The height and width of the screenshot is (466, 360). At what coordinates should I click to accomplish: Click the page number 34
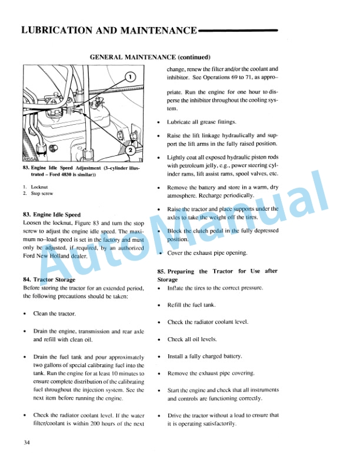26,442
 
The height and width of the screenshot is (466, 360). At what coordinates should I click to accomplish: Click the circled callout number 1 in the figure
130,75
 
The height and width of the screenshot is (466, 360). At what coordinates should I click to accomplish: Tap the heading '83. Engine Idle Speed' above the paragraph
51,215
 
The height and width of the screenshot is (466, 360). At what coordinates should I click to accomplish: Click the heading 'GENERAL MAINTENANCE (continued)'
150,57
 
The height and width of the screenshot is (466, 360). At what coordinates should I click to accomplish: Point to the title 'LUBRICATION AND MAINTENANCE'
108,30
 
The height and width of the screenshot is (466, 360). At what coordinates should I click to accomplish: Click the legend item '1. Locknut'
34,187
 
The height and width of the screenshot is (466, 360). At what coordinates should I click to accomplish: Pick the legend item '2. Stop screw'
36,193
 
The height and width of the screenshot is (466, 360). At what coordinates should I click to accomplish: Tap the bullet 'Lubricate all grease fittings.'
201,122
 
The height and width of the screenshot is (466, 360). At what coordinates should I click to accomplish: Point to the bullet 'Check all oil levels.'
192,339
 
